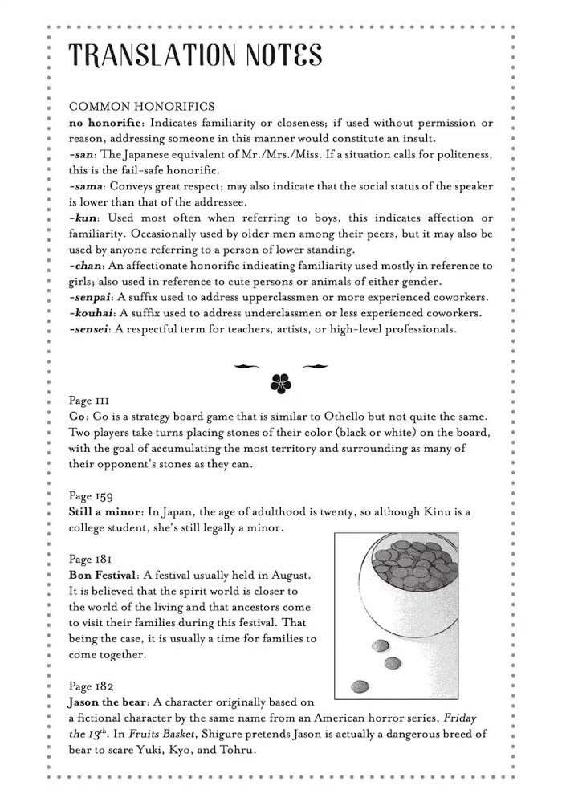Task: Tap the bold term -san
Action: [x=83, y=153]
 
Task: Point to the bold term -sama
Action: [x=88, y=186]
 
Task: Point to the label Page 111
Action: [x=89, y=401]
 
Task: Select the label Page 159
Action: [x=91, y=496]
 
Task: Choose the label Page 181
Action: [x=90, y=560]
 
